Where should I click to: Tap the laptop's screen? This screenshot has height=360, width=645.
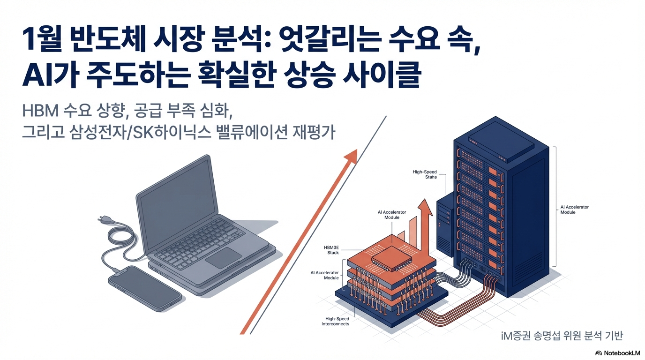tap(178, 199)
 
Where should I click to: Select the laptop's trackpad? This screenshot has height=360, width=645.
tap(224, 258)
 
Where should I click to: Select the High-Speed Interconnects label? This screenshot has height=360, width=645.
tap(335, 321)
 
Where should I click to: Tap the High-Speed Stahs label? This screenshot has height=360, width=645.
tap(425, 174)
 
